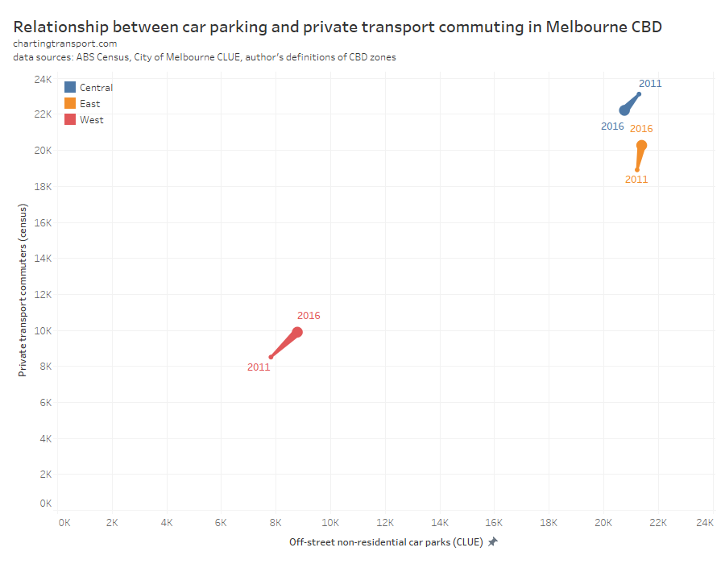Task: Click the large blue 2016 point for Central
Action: [x=624, y=110]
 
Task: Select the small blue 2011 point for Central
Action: [x=639, y=94]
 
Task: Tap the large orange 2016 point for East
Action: [x=641, y=146]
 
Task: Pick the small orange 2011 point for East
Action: [x=636, y=169]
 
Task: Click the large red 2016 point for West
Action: [x=297, y=332]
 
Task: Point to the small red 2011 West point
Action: [x=271, y=357]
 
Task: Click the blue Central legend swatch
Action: [x=70, y=87]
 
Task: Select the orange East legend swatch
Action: [x=70, y=103]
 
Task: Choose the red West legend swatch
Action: [x=70, y=119]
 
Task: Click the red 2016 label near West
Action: [x=309, y=316]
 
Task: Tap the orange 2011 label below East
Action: [x=636, y=180]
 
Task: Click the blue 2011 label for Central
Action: [x=650, y=84]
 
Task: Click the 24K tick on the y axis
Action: [x=43, y=79]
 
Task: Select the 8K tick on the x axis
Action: [x=275, y=523]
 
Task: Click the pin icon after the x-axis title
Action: [x=492, y=542]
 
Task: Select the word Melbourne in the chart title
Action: [x=581, y=26]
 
